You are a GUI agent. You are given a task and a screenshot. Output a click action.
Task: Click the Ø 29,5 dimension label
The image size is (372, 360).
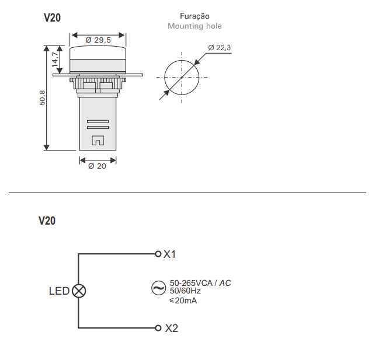[98, 40]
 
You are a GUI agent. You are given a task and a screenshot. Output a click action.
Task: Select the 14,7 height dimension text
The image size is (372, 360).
[55, 60]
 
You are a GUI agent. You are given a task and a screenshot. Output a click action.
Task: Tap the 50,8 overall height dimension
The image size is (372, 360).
[42, 97]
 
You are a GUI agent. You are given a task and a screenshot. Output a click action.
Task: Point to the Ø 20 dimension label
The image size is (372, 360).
[97, 166]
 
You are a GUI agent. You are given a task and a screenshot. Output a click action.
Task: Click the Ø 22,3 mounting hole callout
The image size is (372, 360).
[219, 48]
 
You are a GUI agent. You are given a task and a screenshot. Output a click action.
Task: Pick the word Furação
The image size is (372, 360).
[194, 16]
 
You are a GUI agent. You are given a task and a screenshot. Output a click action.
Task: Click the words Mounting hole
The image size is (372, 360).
[194, 26]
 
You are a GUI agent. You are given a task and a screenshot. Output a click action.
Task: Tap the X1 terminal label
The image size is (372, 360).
[169, 254]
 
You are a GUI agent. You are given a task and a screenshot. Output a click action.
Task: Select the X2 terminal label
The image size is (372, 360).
[171, 328]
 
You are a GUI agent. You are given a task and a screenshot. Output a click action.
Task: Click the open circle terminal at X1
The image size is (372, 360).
[158, 254]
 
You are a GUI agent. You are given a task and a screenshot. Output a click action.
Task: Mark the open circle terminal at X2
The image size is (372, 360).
[158, 328]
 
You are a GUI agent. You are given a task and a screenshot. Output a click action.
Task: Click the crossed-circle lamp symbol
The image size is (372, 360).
[79, 291]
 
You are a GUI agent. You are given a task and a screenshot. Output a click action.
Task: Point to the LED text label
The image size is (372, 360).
[59, 291]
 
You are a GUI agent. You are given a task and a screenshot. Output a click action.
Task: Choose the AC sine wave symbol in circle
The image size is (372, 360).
[158, 288]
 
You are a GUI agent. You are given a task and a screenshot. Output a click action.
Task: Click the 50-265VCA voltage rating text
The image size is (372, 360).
[191, 283]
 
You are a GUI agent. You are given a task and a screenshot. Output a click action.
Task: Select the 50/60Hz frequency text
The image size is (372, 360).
[185, 291]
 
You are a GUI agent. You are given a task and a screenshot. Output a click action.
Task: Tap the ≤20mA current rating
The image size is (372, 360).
[183, 300]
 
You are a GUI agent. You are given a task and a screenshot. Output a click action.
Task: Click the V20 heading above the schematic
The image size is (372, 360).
[47, 221]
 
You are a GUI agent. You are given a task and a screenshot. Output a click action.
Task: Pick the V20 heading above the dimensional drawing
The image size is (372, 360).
[52, 18]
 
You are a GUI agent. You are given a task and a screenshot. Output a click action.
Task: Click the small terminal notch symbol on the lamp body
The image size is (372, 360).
[98, 140]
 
